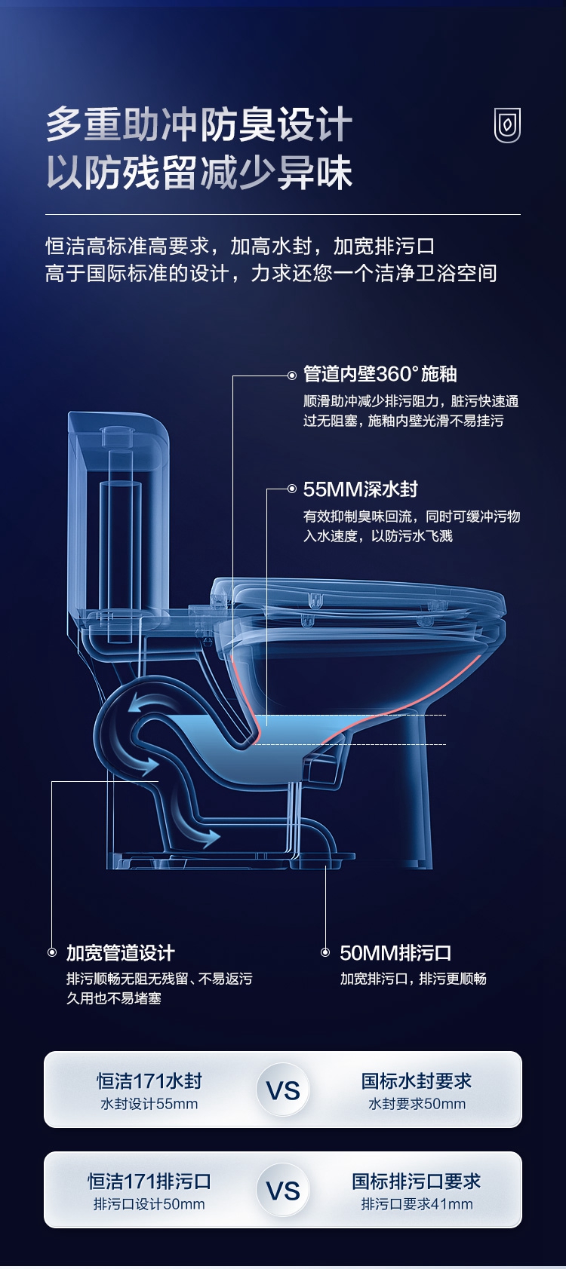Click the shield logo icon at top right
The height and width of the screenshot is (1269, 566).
point(507,125)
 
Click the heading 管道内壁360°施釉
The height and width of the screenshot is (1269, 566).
point(380,374)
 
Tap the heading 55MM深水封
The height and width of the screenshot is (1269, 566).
point(360,489)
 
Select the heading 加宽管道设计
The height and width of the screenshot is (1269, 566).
point(120,953)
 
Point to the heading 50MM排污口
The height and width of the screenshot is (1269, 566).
point(395,953)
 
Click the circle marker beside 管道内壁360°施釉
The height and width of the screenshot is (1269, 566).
point(292,375)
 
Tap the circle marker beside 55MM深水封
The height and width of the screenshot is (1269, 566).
point(292,489)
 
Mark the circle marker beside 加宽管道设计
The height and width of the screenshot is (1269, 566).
point(52,952)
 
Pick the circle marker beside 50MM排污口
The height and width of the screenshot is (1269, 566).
point(325,952)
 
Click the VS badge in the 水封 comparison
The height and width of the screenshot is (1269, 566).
point(283,1090)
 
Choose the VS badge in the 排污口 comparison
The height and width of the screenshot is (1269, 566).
point(283,1191)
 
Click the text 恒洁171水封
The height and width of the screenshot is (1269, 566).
point(149,1081)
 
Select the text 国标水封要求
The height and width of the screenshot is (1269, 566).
point(417,1081)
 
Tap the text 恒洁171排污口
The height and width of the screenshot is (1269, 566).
point(149,1182)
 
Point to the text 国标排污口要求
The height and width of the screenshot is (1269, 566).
point(417,1182)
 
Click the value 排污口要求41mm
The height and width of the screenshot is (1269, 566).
point(417,1204)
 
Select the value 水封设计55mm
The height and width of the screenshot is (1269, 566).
point(149,1104)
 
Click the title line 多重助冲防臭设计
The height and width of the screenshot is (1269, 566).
point(199,124)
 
